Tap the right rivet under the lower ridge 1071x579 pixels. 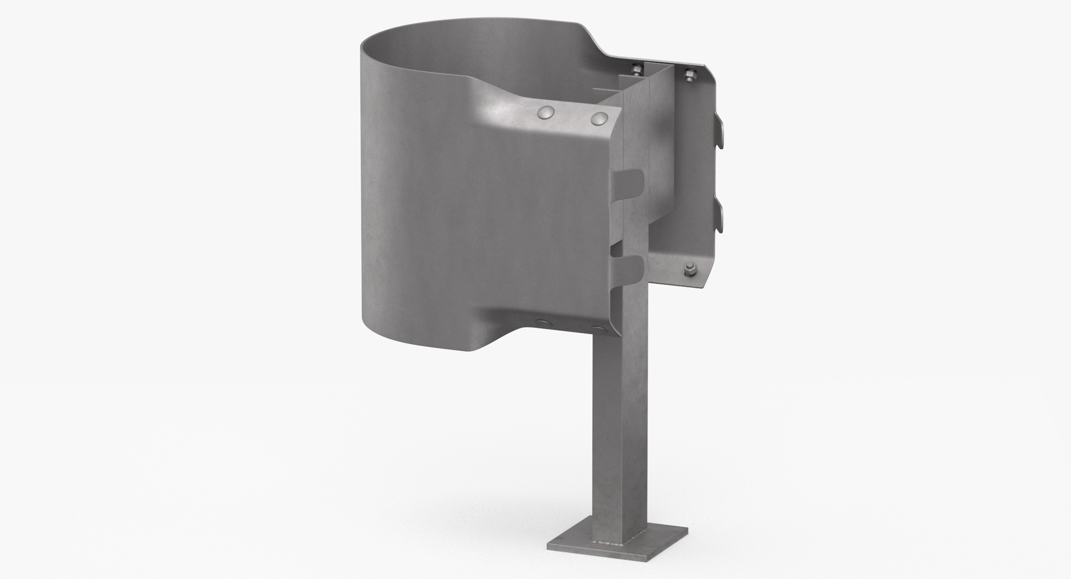(598, 330)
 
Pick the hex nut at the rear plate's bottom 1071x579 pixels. (690, 269)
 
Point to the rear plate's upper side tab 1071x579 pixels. (719, 135)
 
